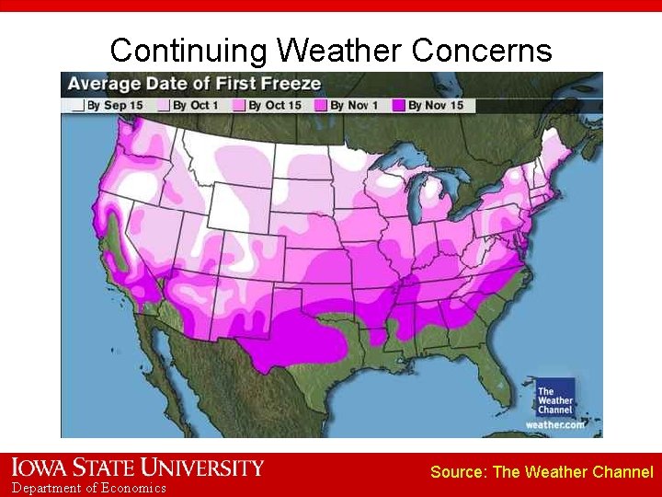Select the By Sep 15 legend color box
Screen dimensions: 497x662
[79, 106]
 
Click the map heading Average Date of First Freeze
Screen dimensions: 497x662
[194, 84]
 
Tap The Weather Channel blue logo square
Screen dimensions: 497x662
[555, 397]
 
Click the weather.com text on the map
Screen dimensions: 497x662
[554, 424]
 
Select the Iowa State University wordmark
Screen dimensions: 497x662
[138, 468]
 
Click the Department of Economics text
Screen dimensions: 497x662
[89, 488]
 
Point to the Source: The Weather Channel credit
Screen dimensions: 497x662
[542, 472]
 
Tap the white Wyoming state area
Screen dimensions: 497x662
[238, 208]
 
